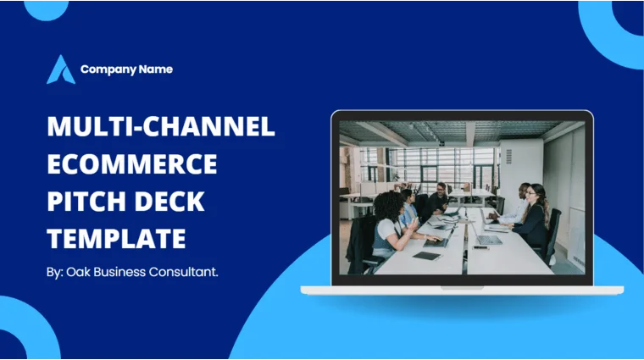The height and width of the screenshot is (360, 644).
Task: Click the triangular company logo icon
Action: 60,69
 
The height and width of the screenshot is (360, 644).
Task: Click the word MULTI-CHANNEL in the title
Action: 161,127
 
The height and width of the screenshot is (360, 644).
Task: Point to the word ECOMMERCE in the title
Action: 132,163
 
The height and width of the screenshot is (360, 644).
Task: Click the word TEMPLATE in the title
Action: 116,238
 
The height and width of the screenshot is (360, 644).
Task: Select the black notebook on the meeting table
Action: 427,255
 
